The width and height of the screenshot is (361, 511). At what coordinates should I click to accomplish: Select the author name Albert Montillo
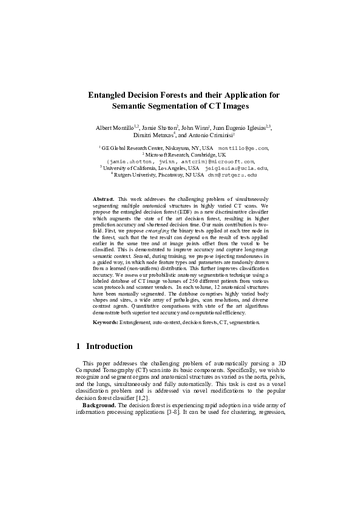115,128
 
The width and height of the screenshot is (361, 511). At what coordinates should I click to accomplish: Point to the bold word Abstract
103,199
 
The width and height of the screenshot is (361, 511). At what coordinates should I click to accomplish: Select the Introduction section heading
109,347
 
